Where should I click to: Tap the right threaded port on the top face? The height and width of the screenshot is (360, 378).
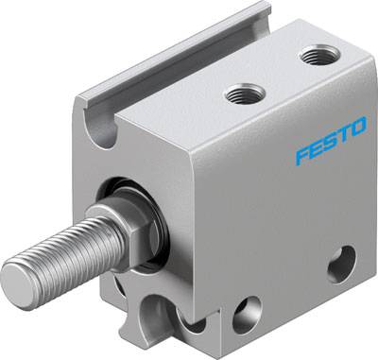(x=315, y=58)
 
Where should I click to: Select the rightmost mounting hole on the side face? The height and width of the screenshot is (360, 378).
(x=341, y=263)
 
